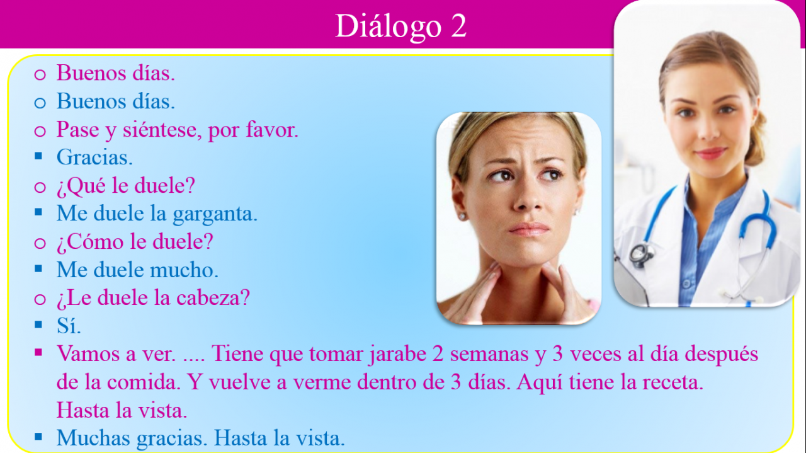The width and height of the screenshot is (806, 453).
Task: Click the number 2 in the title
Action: (x=458, y=26)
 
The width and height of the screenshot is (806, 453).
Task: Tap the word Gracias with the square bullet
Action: (x=94, y=158)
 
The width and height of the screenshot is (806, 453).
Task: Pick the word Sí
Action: (x=69, y=326)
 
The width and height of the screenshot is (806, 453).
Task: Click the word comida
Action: (x=144, y=382)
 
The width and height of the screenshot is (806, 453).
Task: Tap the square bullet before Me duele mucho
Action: (x=38, y=268)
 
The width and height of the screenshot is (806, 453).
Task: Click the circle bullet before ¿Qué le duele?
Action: (x=40, y=187)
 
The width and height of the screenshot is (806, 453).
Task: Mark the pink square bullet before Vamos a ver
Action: (x=38, y=353)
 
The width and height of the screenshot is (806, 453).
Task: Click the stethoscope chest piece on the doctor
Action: (x=641, y=255)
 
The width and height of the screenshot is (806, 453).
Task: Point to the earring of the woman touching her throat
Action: (x=462, y=216)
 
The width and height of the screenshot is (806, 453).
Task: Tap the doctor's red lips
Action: (x=710, y=153)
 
